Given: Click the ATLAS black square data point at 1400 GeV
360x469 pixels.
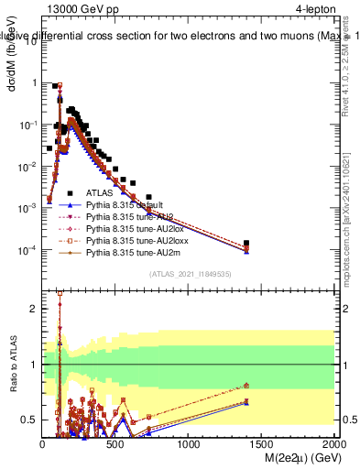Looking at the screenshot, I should point(248,244).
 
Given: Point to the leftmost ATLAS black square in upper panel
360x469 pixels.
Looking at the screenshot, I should point(49,147).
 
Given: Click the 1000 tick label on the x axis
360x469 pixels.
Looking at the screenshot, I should point(189,444).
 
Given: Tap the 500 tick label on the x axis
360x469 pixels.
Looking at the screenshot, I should point(115,444).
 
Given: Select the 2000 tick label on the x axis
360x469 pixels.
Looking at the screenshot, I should point(333,444).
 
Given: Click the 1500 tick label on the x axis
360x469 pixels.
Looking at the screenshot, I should point(262,444).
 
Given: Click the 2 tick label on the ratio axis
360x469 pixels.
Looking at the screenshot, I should point(32,309).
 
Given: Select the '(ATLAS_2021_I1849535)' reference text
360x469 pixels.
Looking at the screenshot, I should point(189,274).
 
